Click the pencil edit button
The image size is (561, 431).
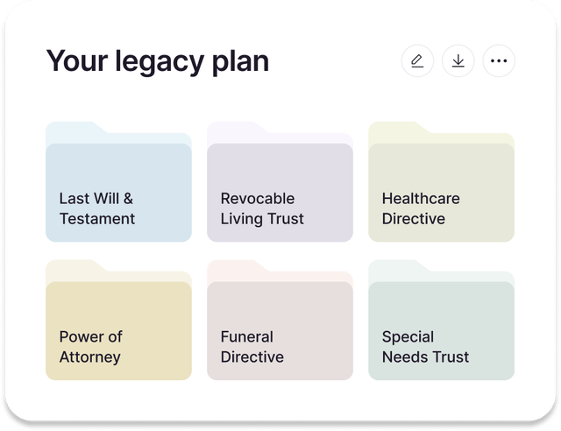coord(417,60)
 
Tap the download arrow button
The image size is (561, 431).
coord(458,60)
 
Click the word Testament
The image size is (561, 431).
coord(97,219)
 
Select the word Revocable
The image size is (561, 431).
coord(258,199)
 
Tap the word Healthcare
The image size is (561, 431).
coord(421,199)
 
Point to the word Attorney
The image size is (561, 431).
coord(90,357)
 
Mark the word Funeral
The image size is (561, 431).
coord(247,337)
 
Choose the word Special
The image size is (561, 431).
coord(408,337)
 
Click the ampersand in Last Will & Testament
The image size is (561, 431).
coord(127,199)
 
